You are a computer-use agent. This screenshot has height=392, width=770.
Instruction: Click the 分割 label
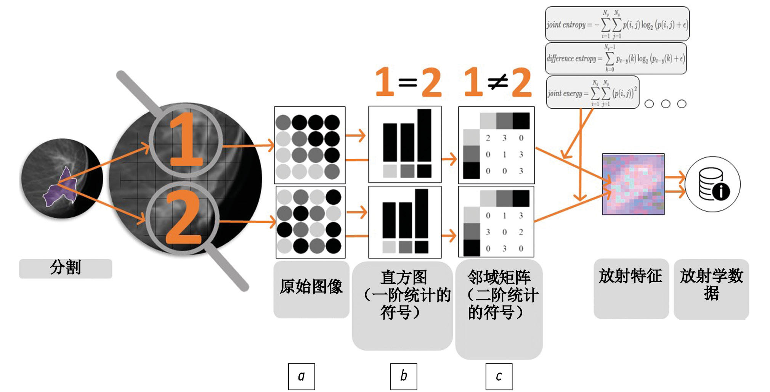pyautogui.click(x=65, y=268)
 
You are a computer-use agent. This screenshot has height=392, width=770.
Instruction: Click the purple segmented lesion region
pyautogui.click(x=61, y=189)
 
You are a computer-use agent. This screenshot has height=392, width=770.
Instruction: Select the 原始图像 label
pyautogui.click(x=311, y=287)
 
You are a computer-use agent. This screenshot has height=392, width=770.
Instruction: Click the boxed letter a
pyautogui.click(x=302, y=376)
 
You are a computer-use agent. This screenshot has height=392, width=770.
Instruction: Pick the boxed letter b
pyautogui.click(x=404, y=376)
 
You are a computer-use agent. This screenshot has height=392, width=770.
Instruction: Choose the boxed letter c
pyautogui.click(x=499, y=376)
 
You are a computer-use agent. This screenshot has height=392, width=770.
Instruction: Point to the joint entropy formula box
pyautogui.click(x=617, y=24)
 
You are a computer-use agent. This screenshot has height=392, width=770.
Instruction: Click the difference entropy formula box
pyautogui.click(x=616, y=58)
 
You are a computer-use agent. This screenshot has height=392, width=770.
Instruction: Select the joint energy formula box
pyautogui.click(x=592, y=93)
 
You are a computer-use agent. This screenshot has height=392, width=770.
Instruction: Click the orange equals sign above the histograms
pyautogui.click(x=408, y=82)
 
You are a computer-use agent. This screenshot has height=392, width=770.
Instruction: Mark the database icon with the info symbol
pyautogui.click(x=713, y=184)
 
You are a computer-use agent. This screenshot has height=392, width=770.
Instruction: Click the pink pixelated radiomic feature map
pyautogui.click(x=633, y=184)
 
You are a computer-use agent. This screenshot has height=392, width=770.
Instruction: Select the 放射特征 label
pyautogui.click(x=630, y=276)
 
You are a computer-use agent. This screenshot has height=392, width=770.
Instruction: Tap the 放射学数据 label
pyautogui.click(x=711, y=284)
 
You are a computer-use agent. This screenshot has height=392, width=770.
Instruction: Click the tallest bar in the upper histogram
pyautogui.click(x=424, y=135)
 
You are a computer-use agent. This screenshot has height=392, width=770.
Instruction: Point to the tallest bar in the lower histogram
pyautogui.click(x=421, y=214)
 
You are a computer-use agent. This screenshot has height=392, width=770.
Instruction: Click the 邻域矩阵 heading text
pyautogui.click(x=499, y=278)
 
